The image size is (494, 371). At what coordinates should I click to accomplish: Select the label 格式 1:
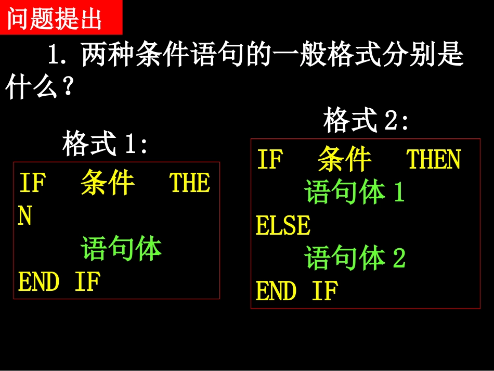[x=105, y=144]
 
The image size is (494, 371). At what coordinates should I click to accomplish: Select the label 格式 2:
[x=366, y=121]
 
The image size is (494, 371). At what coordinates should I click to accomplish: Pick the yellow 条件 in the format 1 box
[x=108, y=183]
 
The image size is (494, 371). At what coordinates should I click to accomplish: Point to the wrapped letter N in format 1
[x=25, y=216]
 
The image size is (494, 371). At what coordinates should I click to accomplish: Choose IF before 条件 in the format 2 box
[x=270, y=159]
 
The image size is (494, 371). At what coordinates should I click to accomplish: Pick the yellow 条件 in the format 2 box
[x=345, y=159]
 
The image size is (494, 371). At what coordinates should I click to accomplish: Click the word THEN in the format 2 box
[x=433, y=159]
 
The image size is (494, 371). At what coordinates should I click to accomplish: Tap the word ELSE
[x=283, y=225]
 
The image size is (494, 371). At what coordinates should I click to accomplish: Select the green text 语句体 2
[x=355, y=258]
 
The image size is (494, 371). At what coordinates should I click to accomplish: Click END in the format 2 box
[x=276, y=291]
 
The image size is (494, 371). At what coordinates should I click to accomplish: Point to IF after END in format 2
[x=325, y=291]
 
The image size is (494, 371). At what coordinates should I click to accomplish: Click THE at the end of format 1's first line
[x=189, y=183]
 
